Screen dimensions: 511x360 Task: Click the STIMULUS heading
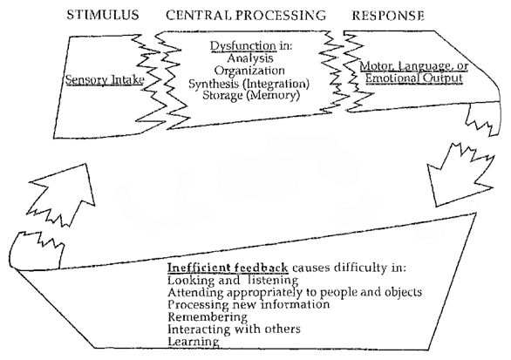(103, 16)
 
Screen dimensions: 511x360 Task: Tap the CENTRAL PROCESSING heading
(246, 16)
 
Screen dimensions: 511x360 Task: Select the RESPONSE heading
(388, 16)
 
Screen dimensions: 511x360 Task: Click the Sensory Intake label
(105, 80)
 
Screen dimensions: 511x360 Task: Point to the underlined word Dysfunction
(243, 46)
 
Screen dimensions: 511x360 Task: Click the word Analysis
(250, 58)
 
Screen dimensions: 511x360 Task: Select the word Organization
(249, 71)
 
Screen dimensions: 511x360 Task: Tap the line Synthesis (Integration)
(249, 84)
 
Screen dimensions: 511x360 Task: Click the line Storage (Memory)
(250, 95)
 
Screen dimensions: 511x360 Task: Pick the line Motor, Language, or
(414, 66)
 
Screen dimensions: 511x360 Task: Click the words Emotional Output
(414, 78)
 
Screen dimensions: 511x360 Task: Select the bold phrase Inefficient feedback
(228, 268)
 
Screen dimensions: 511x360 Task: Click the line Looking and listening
(233, 280)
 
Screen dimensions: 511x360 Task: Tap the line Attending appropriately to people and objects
(295, 292)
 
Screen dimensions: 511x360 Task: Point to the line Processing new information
(249, 304)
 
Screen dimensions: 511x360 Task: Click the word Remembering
(208, 317)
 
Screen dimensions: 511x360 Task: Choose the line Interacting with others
(234, 329)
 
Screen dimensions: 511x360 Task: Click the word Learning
(194, 342)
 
